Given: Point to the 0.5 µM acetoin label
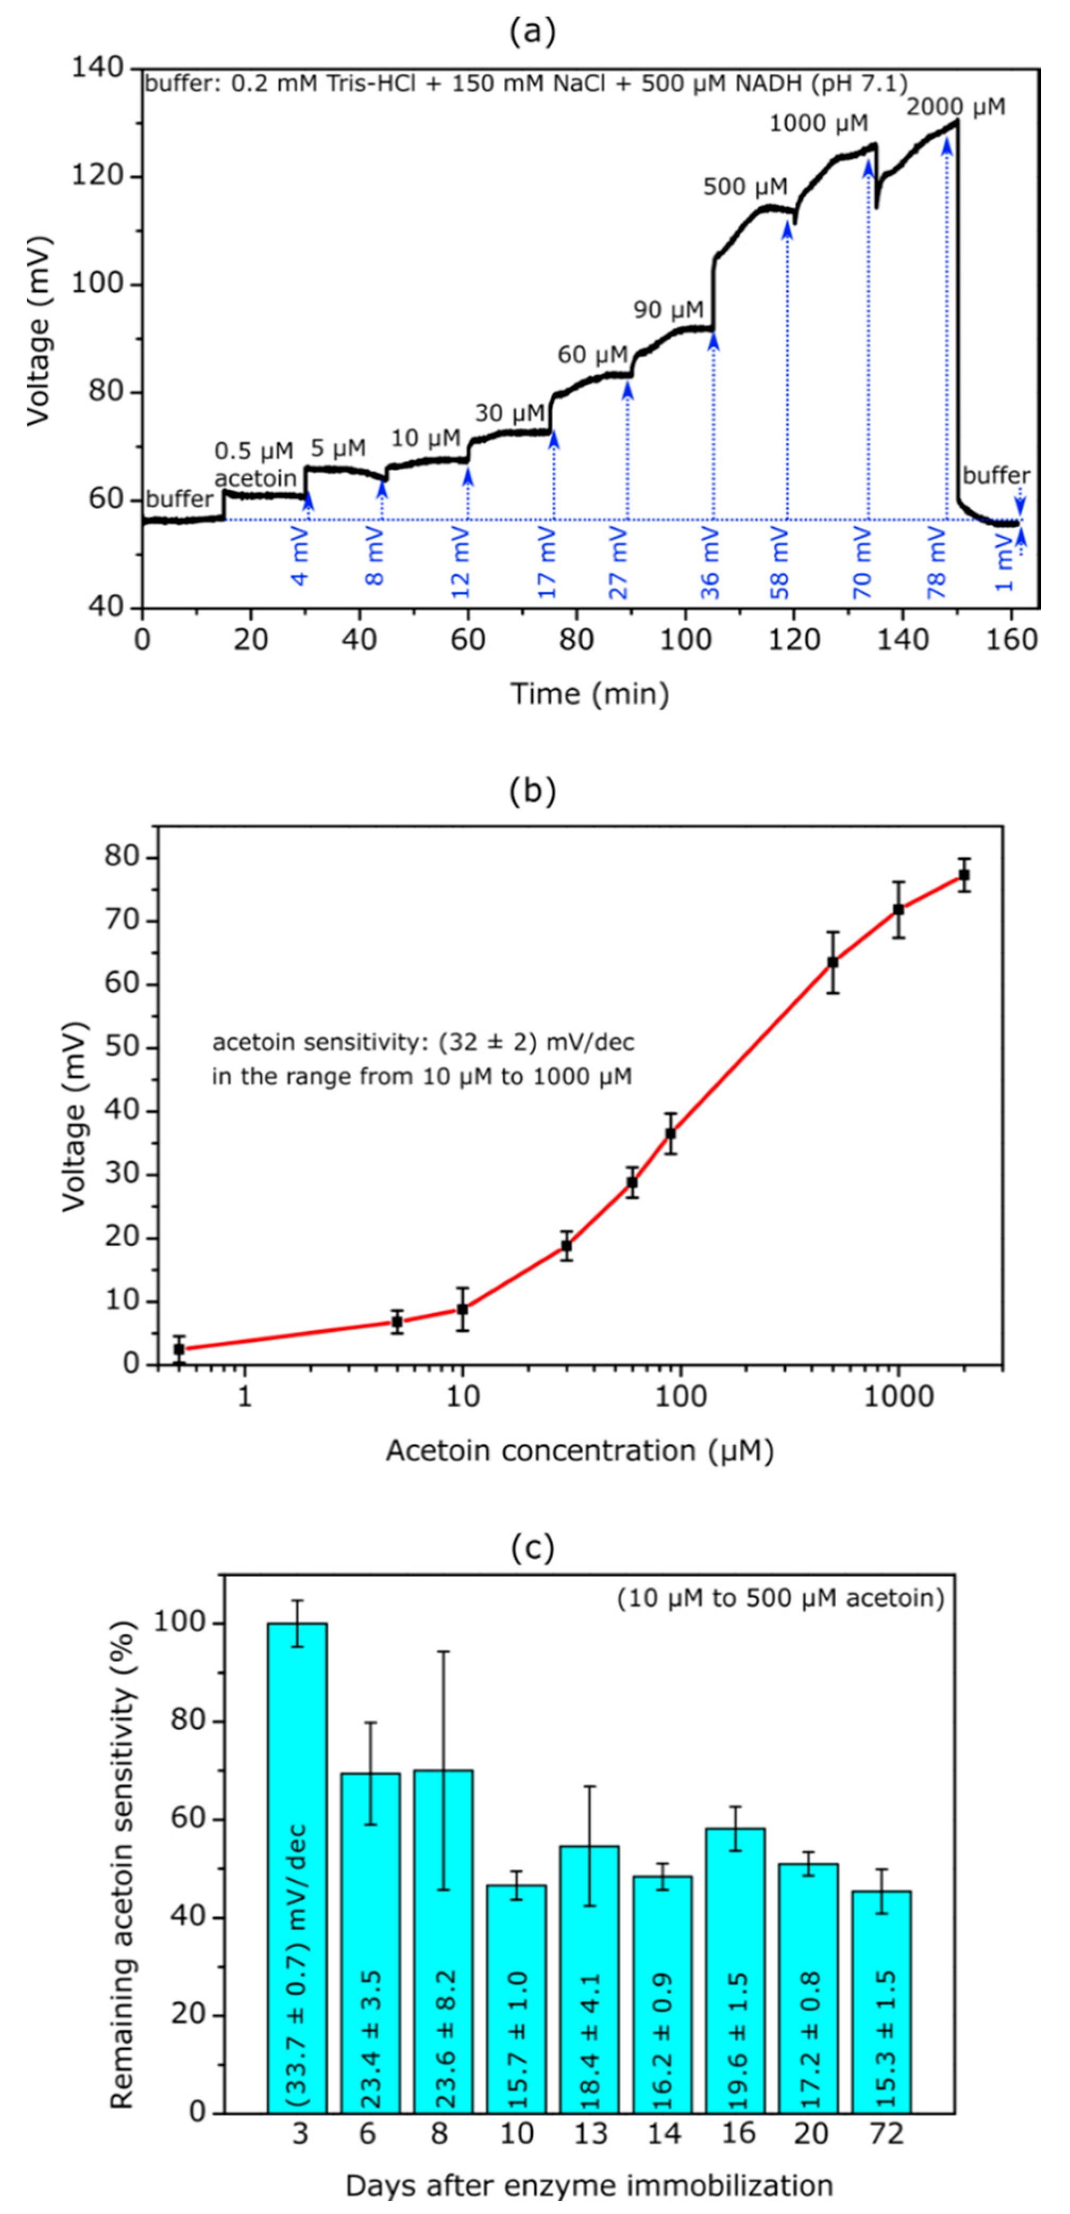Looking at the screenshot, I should pyautogui.click(x=254, y=464).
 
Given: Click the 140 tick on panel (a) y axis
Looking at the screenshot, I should pyautogui.click(x=97, y=68).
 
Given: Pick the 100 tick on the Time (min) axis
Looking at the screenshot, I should pyautogui.click(x=685, y=640).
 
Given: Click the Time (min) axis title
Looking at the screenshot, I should pyautogui.click(x=590, y=692).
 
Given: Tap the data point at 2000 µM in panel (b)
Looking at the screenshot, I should pyautogui.click(x=963, y=875).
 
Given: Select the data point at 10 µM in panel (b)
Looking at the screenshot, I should pyautogui.click(x=462, y=1309).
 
